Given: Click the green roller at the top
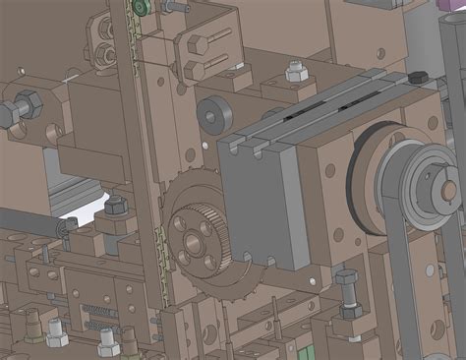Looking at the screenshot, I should tap(143, 8).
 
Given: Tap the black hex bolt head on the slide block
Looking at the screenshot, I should tap(417, 78).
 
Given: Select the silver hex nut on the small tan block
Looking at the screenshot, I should tap(293, 73).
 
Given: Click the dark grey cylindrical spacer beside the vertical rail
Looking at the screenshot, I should tap(210, 114).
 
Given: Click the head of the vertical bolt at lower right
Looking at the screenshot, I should tap(346, 278).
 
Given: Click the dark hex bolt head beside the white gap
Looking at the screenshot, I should tap(115, 206).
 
